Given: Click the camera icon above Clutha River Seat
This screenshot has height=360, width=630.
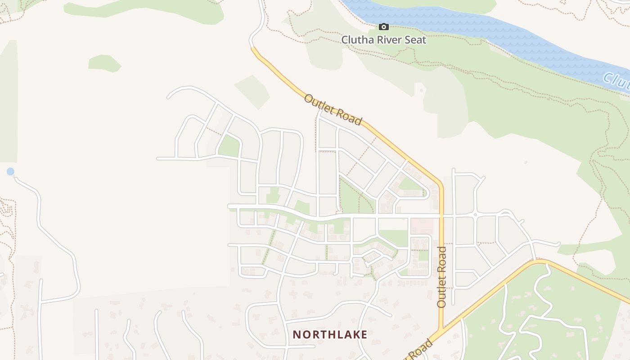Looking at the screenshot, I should [x=383, y=27].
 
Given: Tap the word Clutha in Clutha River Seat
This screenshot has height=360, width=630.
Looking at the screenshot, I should [x=355, y=40].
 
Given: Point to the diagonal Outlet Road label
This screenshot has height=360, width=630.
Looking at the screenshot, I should [x=333, y=110].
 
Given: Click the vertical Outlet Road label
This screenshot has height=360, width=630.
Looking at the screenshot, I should [x=441, y=277].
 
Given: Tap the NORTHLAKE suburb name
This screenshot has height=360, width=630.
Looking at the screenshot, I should [x=330, y=334].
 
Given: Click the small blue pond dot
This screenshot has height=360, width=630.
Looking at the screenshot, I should [x=10, y=171].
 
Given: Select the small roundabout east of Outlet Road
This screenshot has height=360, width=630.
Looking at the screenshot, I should [x=475, y=215].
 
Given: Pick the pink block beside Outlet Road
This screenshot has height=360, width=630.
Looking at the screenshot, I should [x=422, y=225].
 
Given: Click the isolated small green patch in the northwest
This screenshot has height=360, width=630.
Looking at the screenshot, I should [x=104, y=63].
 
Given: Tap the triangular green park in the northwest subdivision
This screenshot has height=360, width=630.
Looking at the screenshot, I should [x=230, y=146].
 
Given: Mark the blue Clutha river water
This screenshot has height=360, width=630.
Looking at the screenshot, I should [x=495, y=31].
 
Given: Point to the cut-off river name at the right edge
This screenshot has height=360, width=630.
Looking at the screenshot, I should [x=616, y=81].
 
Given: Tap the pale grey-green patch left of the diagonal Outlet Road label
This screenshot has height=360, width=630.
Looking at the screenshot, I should [x=252, y=90].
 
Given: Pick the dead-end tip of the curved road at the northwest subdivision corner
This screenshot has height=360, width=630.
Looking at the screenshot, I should [x=168, y=97].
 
